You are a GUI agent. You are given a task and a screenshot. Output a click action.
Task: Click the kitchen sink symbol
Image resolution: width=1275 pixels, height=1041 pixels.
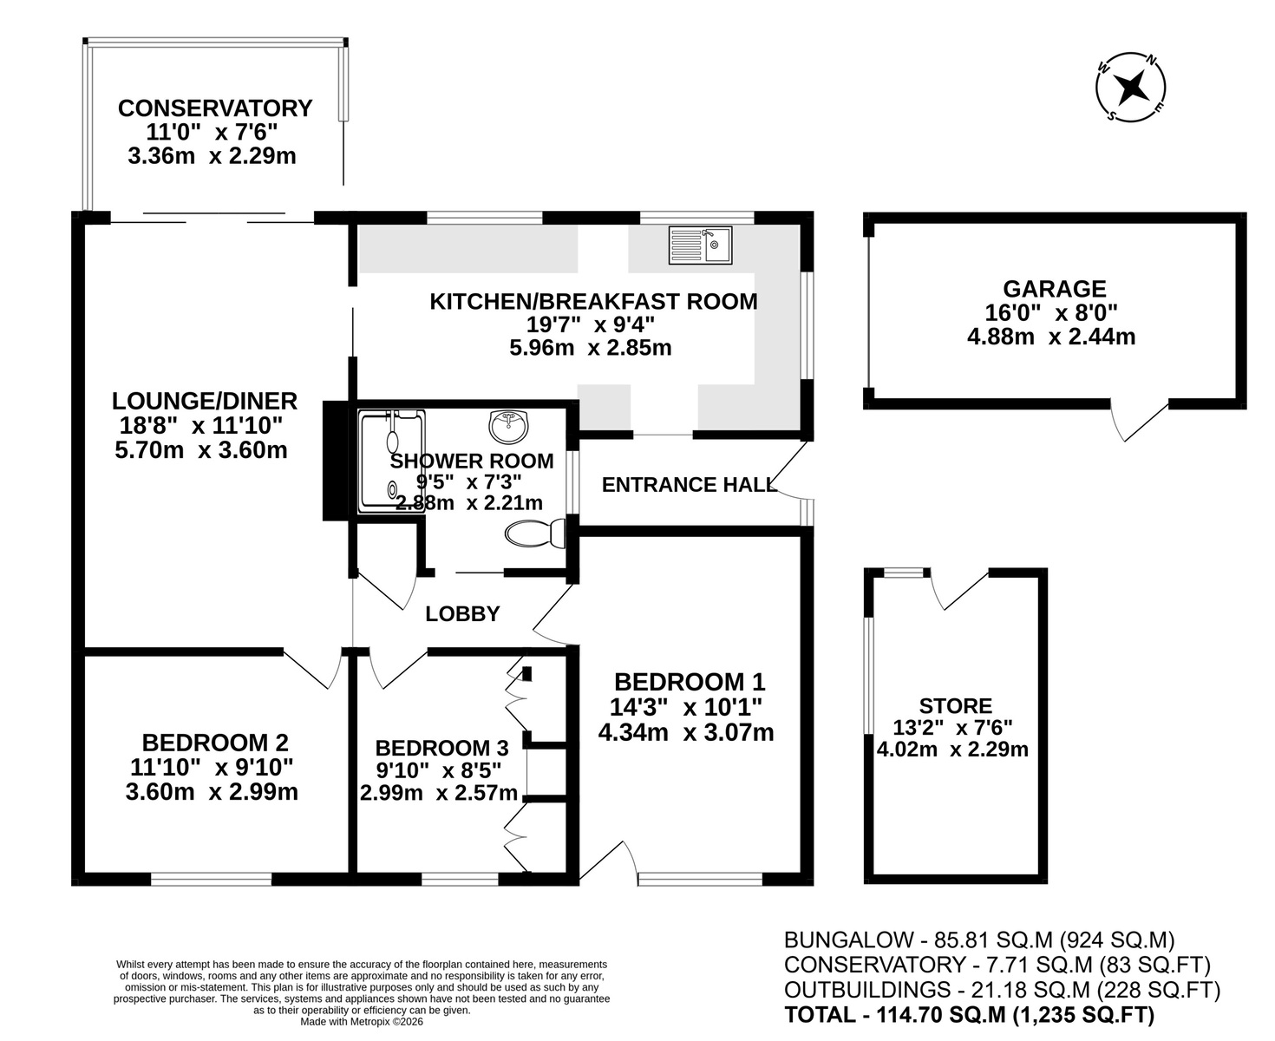click(700, 245)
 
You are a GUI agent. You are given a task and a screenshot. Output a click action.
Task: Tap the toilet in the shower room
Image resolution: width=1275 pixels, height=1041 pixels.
click(535, 534)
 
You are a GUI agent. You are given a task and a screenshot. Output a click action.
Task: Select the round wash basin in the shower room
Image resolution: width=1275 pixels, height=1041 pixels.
click(507, 426)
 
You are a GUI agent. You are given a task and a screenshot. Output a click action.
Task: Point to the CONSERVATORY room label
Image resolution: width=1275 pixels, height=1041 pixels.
click(215, 108)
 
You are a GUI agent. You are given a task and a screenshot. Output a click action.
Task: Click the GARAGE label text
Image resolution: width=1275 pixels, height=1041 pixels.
click(1055, 289)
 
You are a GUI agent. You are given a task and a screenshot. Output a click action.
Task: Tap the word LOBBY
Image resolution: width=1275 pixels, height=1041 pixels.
click(462, 613)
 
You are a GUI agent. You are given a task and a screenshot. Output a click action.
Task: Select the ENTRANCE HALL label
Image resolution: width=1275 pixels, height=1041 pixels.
click(688, 484)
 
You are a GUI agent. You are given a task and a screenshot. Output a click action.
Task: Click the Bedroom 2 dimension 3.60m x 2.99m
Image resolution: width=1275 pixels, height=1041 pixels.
click(212, 792)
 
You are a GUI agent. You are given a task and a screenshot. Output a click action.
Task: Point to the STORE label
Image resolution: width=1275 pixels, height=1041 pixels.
click(956, 705)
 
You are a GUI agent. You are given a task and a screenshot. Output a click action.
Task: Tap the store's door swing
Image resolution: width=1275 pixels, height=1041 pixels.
click(958, 589)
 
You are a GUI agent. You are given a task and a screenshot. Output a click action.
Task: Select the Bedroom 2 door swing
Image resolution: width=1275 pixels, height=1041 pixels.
click(313, 670)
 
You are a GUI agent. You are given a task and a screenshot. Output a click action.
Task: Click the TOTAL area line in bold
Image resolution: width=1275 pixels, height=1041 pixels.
click(969, 1014)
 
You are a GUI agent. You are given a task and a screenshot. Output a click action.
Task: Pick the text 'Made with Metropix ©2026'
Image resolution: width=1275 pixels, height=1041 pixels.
click(362, 1022)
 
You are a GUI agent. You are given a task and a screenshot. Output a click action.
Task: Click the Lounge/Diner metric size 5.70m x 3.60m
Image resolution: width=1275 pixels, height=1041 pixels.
click(200, 449)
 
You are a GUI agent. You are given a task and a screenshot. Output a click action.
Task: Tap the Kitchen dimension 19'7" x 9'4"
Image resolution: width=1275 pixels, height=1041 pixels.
click(591, 324)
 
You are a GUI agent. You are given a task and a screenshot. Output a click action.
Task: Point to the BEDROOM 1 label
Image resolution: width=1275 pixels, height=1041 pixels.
click(690, 682)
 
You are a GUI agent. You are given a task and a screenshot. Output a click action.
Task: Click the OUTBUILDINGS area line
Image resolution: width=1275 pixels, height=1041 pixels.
click(1003, 989)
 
